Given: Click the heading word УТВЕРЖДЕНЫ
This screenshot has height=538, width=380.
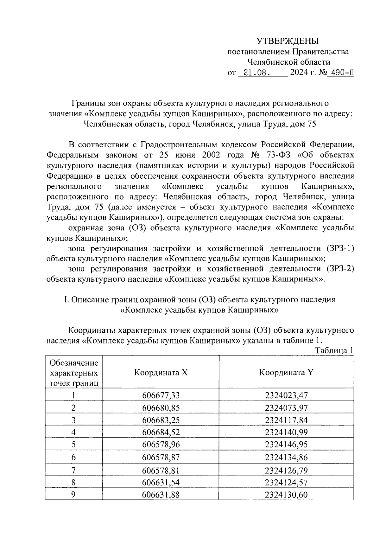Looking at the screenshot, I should coord(287,41).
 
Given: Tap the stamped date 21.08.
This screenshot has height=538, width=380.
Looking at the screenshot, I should coord(254,73).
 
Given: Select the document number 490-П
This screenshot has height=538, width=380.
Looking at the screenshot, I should coord(341,73).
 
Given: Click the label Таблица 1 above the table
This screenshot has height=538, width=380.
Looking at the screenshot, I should coord(334,351).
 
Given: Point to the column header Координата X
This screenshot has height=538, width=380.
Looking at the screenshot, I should coord(161,372).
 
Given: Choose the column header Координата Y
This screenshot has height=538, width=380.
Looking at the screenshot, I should coord(286,372).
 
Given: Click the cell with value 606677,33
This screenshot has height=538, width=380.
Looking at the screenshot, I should coord(161,395).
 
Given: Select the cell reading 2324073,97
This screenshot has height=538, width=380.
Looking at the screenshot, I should coord(286,407).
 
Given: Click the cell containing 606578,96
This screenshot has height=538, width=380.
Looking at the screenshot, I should coord(161,445).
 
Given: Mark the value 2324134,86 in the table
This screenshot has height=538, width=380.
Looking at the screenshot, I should coord(286,457).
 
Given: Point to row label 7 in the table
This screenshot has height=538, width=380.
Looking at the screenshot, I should coord(73,470).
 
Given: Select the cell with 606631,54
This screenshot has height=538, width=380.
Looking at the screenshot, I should coord(161,482).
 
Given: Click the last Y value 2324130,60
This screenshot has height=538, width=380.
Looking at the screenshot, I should coord(286,495).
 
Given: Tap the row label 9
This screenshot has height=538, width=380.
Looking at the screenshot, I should coord(73,495).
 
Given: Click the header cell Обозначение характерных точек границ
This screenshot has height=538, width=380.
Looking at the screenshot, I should coord(74,373).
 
